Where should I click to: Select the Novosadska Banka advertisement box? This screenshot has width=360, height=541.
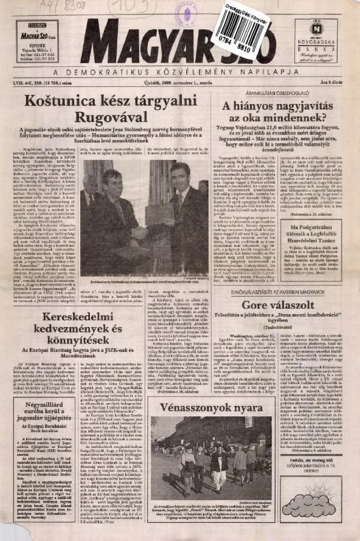point(317,41)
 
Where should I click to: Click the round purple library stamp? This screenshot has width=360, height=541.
point(186,12)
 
